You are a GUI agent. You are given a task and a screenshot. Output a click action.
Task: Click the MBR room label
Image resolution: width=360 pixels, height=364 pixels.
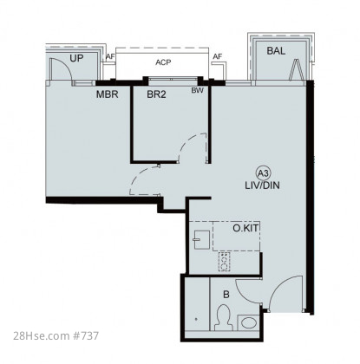pos(108,94)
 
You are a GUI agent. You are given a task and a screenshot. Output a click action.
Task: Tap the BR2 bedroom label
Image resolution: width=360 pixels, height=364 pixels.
pos(156,94)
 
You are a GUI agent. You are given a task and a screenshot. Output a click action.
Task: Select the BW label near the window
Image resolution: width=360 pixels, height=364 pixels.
pos(197,90)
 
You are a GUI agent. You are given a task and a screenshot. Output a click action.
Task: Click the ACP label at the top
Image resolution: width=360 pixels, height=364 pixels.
pos(163,62)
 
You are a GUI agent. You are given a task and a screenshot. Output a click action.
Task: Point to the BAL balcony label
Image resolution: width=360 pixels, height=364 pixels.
pos(276,51)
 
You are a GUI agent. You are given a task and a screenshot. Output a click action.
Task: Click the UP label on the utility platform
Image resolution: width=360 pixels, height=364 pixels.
pos(76,58)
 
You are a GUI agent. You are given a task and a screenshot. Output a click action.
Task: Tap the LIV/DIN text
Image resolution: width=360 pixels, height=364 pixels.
pos(262,185)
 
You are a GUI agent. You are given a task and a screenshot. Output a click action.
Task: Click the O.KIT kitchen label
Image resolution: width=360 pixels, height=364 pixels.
pos(245,228)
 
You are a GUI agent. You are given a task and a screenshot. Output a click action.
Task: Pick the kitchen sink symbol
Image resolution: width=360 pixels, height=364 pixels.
pos(202,239)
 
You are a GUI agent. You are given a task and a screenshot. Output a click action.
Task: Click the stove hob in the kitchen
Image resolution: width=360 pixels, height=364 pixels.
pos(224,262)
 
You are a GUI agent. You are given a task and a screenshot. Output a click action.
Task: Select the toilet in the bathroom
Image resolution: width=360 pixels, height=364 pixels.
pos(223,318)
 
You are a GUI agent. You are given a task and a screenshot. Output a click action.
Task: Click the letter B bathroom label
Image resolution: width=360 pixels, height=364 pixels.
pos(226,295)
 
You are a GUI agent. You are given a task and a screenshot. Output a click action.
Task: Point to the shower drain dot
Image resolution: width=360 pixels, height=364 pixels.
pos(196,319)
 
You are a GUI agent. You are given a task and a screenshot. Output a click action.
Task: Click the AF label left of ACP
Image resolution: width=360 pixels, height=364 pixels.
pos(110,56)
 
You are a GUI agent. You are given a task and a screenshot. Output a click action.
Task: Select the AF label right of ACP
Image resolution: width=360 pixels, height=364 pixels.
pos(217,56)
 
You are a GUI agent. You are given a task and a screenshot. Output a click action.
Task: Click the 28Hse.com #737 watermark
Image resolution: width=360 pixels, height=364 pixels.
pos(56,336)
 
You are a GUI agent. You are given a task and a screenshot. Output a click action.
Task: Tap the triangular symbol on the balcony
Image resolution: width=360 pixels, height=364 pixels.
pos(297,70)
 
